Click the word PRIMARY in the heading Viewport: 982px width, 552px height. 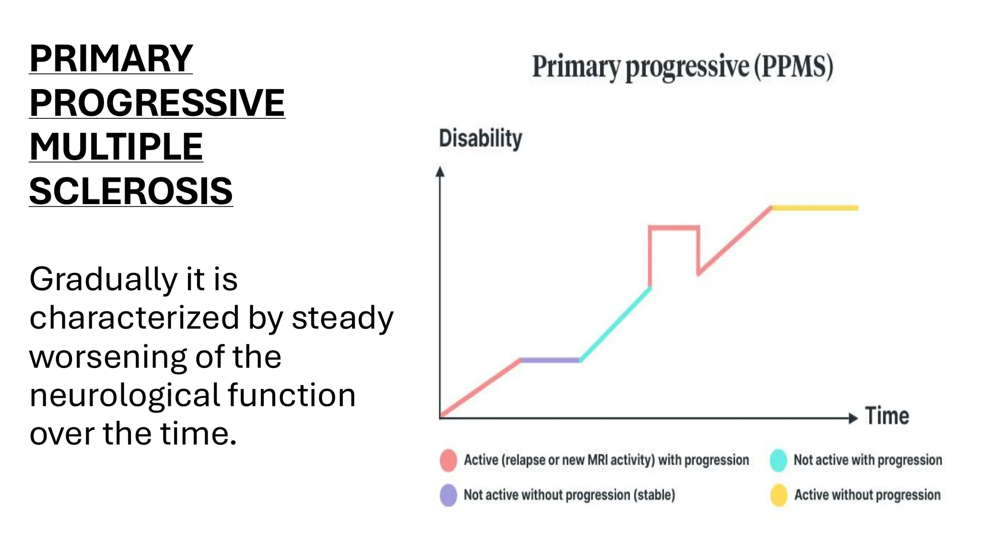coord(111,58)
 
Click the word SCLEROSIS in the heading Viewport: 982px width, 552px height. coord(131,191)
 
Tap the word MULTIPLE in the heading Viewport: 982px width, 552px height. coord(116,147)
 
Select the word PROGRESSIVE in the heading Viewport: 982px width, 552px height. coord(157,103)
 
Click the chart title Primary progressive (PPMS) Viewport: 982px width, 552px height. coord(682,67)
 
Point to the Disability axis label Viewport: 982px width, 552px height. coord(480,138)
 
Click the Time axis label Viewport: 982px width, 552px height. coord(887,416)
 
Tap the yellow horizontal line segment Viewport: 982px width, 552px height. coord(815,208)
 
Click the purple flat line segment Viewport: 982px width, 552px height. coord(550,360)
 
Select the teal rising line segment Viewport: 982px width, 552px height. coord(616,323)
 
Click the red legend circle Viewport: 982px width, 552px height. coord(448,460)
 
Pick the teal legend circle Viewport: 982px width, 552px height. coord(778,460)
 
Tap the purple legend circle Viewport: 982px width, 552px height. coord(448,495)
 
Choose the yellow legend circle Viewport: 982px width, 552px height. coord(779,495)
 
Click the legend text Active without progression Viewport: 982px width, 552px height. coord(867,495)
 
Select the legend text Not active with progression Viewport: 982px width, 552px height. coord(867,460)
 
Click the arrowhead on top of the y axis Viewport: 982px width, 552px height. coord(440,172)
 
